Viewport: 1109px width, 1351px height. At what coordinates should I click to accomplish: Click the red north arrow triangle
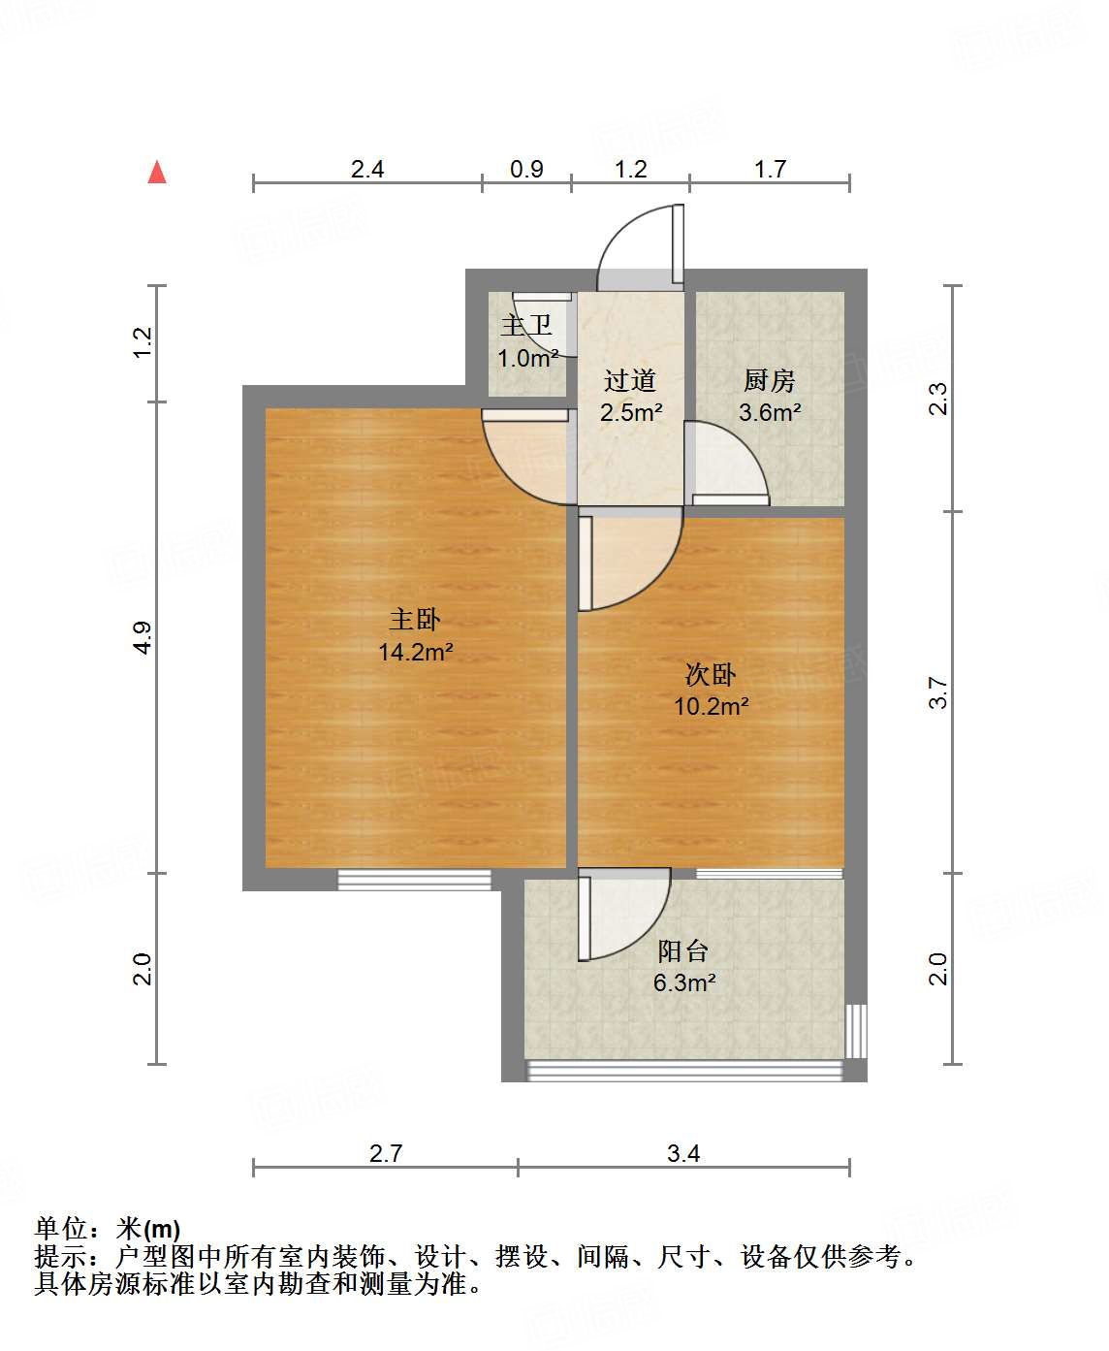[157, 172]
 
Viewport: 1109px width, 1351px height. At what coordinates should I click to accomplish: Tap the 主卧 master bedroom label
[415, 619]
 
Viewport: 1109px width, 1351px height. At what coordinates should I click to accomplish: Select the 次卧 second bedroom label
[711, 673]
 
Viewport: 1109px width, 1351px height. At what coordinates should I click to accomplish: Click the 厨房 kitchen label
[769, 380]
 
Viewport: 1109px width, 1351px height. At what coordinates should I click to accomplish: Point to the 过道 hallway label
[630, 380]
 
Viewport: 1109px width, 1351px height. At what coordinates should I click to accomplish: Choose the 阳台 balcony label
[683, 950]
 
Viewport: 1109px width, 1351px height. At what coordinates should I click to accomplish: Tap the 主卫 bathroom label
[526, 326]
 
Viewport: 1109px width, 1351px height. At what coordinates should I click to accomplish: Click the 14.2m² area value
[416, 652]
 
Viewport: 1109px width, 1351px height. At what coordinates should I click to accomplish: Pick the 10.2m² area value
[711, 706]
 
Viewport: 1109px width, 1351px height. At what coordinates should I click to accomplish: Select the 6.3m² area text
[683, 982]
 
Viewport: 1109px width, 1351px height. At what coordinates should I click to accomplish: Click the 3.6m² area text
[770, 412]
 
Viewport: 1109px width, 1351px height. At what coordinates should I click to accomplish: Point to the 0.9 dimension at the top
[526, 169]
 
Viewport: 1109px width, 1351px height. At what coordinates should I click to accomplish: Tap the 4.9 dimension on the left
[143, 637]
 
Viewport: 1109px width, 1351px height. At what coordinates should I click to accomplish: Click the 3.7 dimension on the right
[937, 692]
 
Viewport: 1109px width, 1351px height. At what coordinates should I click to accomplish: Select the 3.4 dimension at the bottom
[683, 1153]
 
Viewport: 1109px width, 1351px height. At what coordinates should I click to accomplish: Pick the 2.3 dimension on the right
[937, 399]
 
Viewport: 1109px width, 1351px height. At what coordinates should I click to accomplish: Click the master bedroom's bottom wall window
[414, 880]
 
